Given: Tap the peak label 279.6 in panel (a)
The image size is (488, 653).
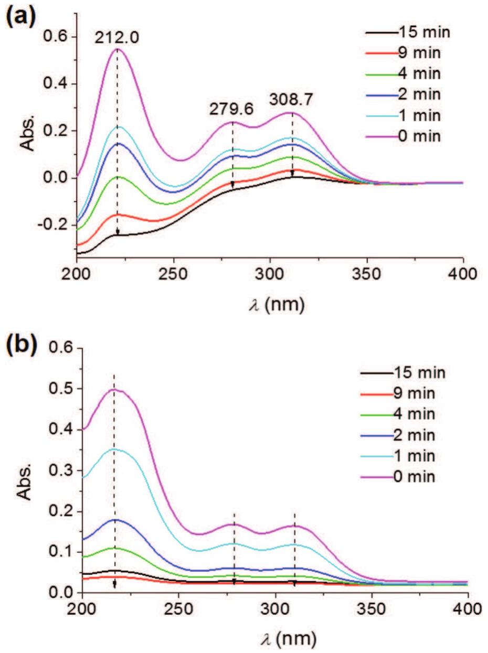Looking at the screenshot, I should click(231, 109).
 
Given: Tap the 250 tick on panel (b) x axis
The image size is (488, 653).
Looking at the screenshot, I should click(178, 610).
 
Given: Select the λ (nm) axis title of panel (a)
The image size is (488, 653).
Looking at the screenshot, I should click(269, 303).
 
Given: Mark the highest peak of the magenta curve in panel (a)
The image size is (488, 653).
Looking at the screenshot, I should click(117, 49).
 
